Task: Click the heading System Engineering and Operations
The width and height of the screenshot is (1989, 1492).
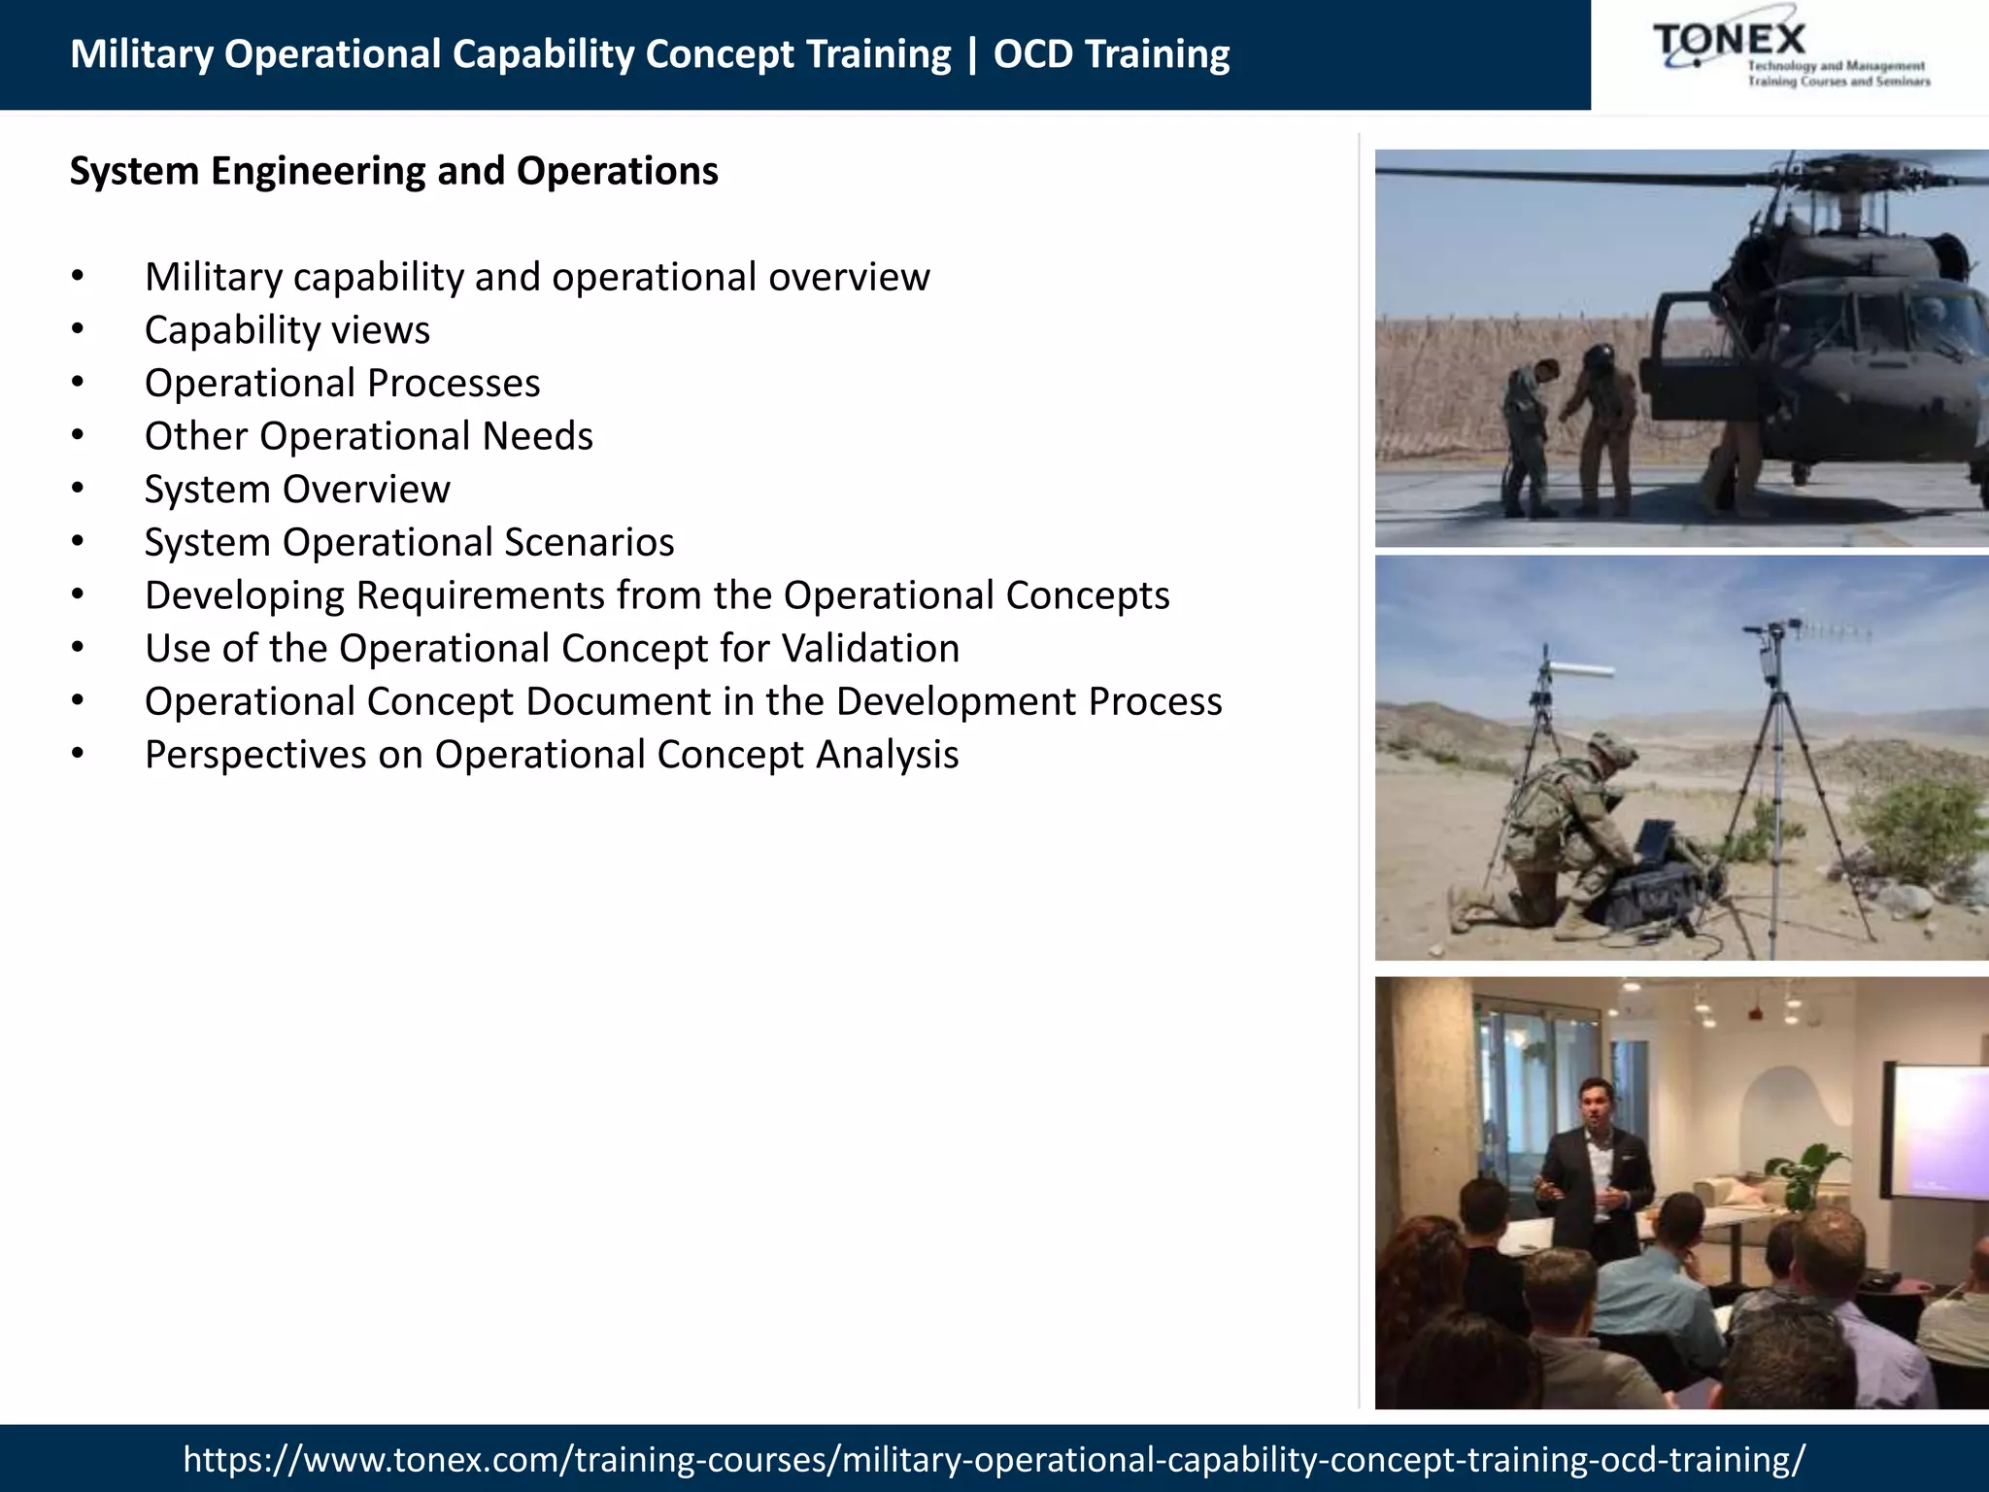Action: (393, 171)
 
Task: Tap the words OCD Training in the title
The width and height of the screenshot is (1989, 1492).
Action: (1111, 54)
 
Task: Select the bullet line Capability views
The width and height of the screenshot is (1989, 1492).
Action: (287, 330)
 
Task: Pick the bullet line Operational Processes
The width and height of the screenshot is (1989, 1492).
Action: (342, 384)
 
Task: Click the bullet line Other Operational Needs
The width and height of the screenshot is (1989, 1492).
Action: (368, 436)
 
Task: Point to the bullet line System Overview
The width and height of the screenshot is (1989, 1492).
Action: (297, 490)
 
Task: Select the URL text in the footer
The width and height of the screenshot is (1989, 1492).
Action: (994, 1459)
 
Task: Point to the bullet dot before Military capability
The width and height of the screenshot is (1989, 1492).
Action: (78, 278)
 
